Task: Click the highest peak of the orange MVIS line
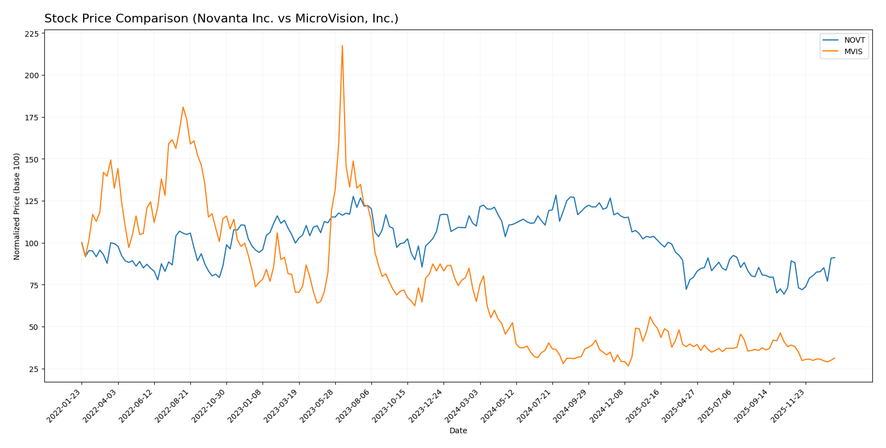[x=342, y=45]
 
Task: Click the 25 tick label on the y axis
[x=34, y=369]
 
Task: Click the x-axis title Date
[x=458, y=431]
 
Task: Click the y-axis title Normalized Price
[x=17, y=206]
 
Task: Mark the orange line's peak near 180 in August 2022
[x=183, y=107]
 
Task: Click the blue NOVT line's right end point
[x=835, y=258]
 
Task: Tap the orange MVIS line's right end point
[x=835, y=358]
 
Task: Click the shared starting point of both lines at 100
[x=81, y=243]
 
